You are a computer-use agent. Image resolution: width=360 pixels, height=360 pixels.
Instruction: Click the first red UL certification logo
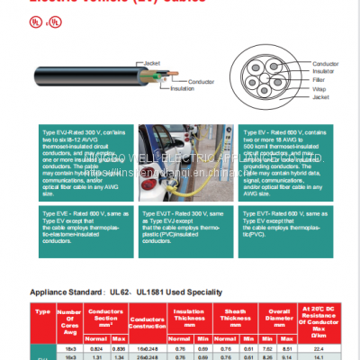click(x=38, y=19)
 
